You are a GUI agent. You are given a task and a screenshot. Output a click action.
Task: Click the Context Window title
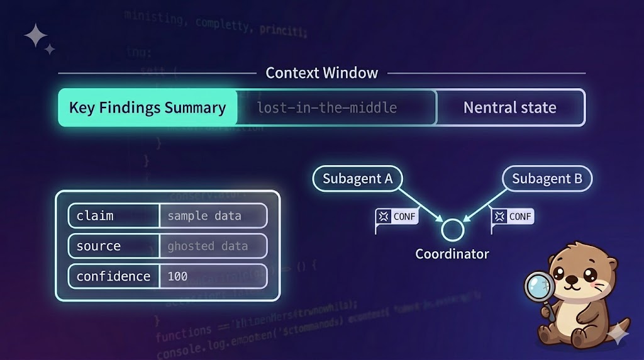tap(321, 73)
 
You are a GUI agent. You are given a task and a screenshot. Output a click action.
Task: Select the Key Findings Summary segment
tap(147, 108)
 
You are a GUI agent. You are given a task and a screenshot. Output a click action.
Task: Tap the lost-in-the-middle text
tap(326, 108)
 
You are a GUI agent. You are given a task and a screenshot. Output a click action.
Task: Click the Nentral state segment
tap(509, 108)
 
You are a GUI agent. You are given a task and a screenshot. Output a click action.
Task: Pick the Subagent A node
tap(357, 179)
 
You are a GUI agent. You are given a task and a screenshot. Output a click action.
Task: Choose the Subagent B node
tap(547, 179)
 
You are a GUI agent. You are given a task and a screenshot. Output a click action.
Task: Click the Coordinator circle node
tap(452, 230)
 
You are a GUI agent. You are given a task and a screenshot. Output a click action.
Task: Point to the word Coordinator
tap(452, 254)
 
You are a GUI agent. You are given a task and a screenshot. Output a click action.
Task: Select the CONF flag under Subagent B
tap(513, 217)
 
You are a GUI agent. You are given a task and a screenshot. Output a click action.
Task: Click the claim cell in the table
tap(113, 216)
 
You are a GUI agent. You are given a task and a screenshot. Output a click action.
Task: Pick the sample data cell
tap(213, 216)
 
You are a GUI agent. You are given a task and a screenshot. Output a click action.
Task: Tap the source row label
tap(113, 246)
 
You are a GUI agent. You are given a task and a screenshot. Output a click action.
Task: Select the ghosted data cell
tap(213, 246)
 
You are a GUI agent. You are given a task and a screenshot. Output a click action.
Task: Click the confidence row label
tap(113, 276)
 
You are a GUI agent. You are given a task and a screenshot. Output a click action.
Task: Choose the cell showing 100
tap(213, 276)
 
